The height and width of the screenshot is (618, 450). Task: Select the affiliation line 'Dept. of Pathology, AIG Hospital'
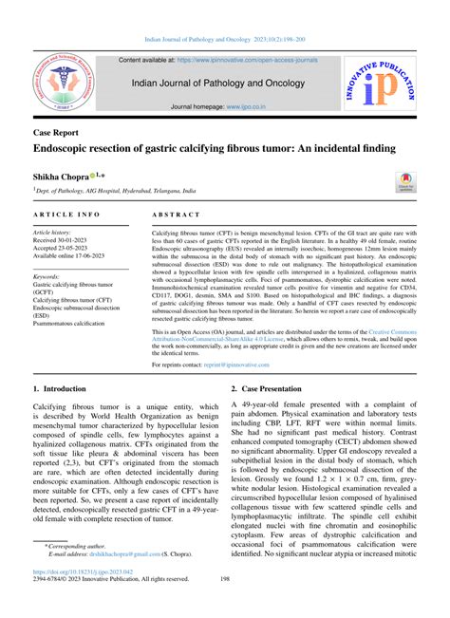(x=115, y=190)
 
